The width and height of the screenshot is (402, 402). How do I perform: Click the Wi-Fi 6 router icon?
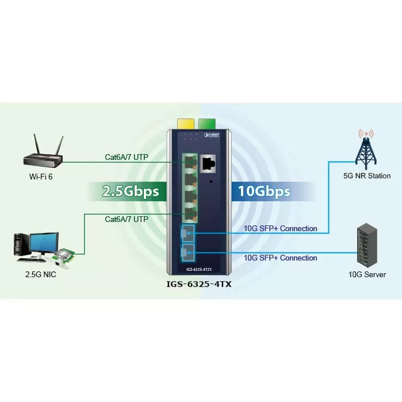(x=40, y=154)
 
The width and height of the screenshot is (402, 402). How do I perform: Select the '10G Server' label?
(x=367, y=275)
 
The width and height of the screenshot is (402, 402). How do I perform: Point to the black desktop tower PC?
(x=21, y=244)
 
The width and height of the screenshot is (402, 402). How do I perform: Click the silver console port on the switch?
(x=208, y=163)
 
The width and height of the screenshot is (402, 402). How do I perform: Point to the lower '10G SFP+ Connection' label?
(x=280, y=258)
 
